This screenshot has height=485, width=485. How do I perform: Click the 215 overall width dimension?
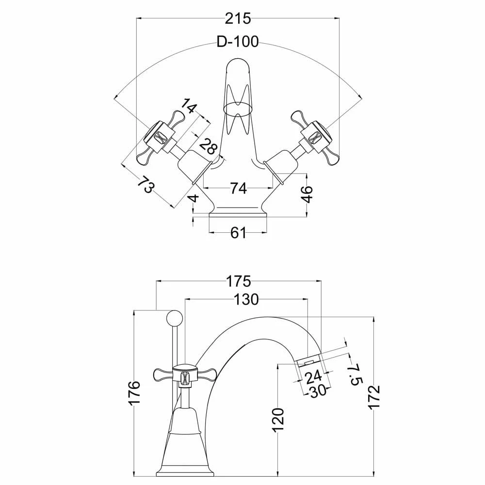coord(238,19)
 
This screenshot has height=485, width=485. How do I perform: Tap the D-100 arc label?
coord(237,42)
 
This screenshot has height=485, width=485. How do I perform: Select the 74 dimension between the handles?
coord(238,188)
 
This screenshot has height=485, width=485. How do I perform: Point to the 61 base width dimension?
coord(238,233)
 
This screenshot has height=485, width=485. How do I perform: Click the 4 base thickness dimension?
coord(193,199)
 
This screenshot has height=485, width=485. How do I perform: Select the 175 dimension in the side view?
coord(238,281)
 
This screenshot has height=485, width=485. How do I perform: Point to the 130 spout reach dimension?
coord(247,300)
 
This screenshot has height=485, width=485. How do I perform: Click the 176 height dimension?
coord(135,393)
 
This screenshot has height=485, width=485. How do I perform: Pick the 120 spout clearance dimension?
coord(277,420)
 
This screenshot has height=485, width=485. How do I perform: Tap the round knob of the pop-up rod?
coord(174,319)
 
